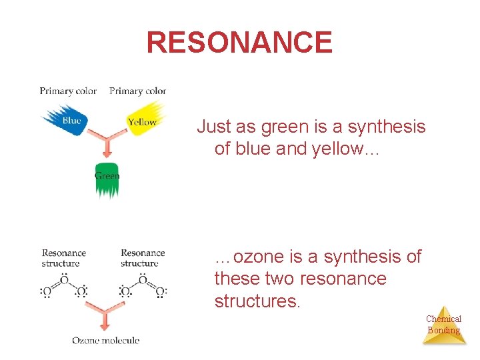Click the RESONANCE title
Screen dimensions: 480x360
(x=239, y=43)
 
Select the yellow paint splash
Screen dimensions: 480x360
(x=145, y=119)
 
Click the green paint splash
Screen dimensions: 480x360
(x=106, y=179)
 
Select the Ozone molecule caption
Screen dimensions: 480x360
(x=106, y=341)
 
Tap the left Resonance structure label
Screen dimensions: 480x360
(x=64, y=258)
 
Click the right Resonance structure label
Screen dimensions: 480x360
(x=143, y=258)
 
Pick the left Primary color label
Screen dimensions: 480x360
(x=68, y=91)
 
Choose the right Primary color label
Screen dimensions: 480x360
(x=137, y=91)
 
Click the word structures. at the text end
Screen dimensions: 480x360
(x=257, y=301)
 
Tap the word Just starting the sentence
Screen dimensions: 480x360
(x=213, y=127)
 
